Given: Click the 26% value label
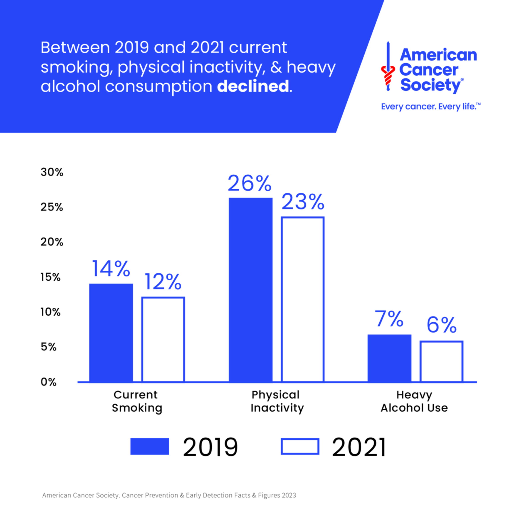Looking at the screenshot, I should point(250,184).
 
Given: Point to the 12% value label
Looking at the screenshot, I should point(163,282).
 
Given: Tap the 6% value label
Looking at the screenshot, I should point(441,325).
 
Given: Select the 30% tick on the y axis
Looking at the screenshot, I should point(52,172).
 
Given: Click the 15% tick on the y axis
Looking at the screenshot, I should point(50,277).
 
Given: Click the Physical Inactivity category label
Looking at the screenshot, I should point(277,401).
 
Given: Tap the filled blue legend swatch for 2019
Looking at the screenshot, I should point(150,447).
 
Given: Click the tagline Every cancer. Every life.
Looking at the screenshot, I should point(430,107).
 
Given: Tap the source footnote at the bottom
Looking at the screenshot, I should point(169,495).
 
